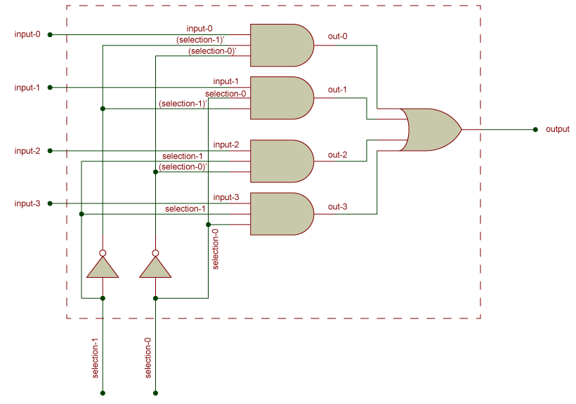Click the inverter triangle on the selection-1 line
tap(103, 268)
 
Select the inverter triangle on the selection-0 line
tap(155, 268)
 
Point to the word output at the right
tap(558, 130)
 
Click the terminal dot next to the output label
tap(535, 130)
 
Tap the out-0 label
tap(337, 36)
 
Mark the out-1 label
tap(337, 90)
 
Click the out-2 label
tap(337, 154)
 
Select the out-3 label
tap(337, 207)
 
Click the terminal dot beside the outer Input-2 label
tap(50, 151)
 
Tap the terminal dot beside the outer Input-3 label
tap(50, 203)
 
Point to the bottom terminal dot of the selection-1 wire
tap(103, 393)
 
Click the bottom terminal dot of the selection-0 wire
tap(155, 393)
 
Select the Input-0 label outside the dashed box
tap(27, 34)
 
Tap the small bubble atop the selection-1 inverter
tap(103, 252)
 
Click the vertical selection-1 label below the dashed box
tap(96, 358)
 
